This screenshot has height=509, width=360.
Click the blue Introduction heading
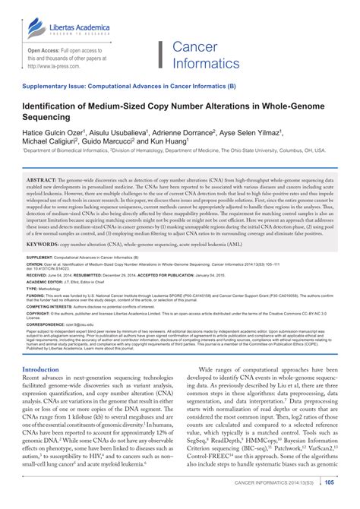[41, 390]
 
